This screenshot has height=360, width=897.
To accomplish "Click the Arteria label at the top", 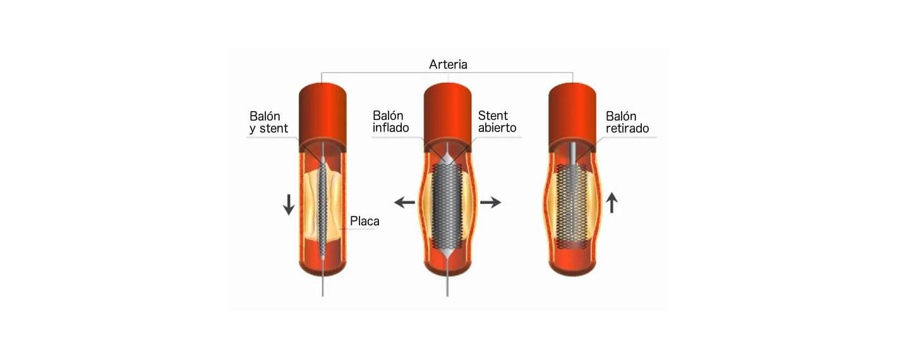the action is pyautogui.click(x=448, y=64).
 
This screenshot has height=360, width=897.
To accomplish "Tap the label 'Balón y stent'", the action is pyautogui.click(x=268, y=122).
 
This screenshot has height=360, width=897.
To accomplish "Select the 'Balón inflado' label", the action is pyautogui.click(x=390, y=122).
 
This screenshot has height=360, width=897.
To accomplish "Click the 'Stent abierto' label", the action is pyautogui.click(x=497, y=122).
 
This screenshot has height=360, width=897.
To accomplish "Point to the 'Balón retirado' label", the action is pyautogui.click(x=627, y=122).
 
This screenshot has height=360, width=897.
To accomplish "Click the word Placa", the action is pyautogui.click(x=364, y=221).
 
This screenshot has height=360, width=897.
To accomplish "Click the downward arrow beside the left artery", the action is pyautogui.click(x=289, y=205).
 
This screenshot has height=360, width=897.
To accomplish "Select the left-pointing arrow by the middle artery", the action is pyautogui.click(x=404, y=203).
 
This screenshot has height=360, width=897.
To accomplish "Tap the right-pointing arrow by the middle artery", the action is pyautogui.click(x=491, y=203).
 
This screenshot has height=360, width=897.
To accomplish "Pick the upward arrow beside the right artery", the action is pyautogui.click(x=611, y=203).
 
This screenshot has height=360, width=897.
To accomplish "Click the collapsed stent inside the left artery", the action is pyautogui.click(x=323, y=208).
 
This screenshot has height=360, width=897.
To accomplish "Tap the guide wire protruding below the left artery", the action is pyautogui.click(x=323, y=286).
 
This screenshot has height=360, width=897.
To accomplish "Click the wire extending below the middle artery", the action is pyautogui.click(x=447, y=286).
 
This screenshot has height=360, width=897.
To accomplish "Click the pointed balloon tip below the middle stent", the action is pyautogui.click(x=447, y=253).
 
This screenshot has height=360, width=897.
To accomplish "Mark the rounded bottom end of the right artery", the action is pyautogui.click(x=572, y=269).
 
